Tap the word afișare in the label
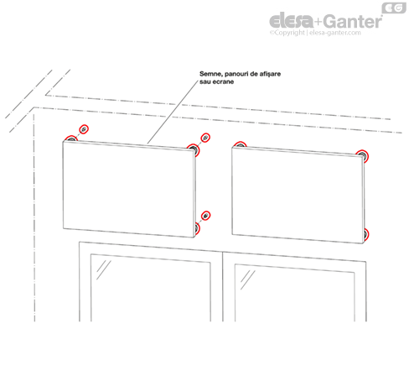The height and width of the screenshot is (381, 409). click(270, 74)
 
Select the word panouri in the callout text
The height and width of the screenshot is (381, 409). click(236, 74)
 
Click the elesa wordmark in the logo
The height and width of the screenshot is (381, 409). click(291, 20)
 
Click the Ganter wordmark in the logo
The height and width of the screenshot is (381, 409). click(353, 22)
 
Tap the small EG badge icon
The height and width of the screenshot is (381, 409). click(394, 8)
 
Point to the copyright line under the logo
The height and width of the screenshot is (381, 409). click(315, 33)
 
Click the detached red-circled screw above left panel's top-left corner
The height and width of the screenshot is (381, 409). click(84, 129)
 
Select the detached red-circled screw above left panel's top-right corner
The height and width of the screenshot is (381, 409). click(205, 138)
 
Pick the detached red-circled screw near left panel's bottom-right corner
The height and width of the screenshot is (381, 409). click(206, 216)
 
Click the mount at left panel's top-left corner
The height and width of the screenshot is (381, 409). click(71, 138)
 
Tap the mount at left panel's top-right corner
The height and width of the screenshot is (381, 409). click(194, 149)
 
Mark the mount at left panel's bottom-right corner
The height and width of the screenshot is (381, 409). click(197, 228)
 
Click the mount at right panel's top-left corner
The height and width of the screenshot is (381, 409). click(240, 144)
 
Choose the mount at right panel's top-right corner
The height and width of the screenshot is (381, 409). click(362, 156)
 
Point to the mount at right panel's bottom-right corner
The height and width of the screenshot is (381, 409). click(365, 234)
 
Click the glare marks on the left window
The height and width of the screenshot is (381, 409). click(104, 269)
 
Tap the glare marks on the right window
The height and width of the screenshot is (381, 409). click(248, 279)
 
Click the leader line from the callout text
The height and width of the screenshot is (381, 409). click(173, 112)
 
